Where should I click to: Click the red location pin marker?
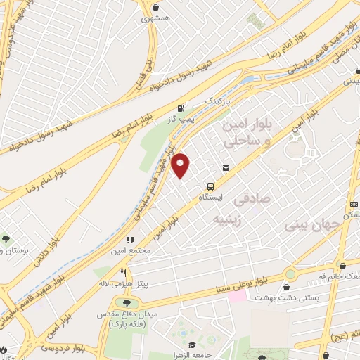coord(181,166)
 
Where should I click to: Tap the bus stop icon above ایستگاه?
coord(210,187)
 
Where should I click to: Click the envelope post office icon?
coord(226,167)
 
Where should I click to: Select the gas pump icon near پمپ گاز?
coord(182,109)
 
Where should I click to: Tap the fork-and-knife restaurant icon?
coord(124,272)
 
